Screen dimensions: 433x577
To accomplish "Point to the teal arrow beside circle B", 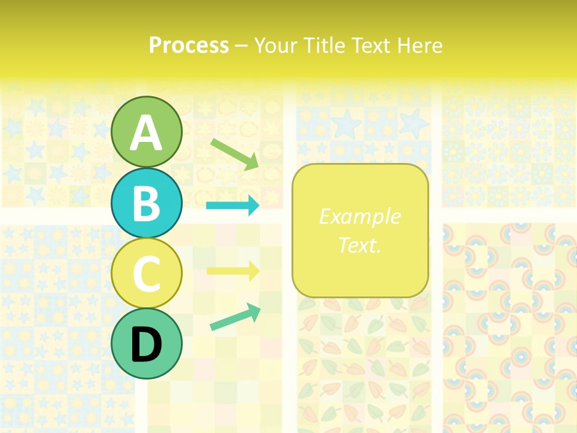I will point(233,206).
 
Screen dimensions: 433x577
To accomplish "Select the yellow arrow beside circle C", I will point(233,271).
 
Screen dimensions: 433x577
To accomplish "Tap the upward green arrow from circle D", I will point(235,317).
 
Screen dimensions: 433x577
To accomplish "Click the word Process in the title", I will point(189,46).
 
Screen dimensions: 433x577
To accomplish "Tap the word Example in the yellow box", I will point(359,216).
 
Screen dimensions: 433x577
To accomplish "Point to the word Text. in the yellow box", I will point(359,245).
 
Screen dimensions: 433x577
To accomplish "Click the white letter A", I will point(147,134).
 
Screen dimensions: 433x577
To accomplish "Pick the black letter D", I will point(147,345).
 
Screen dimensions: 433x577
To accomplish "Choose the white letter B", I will point(147,204).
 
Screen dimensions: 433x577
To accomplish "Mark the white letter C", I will point(147,274).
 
